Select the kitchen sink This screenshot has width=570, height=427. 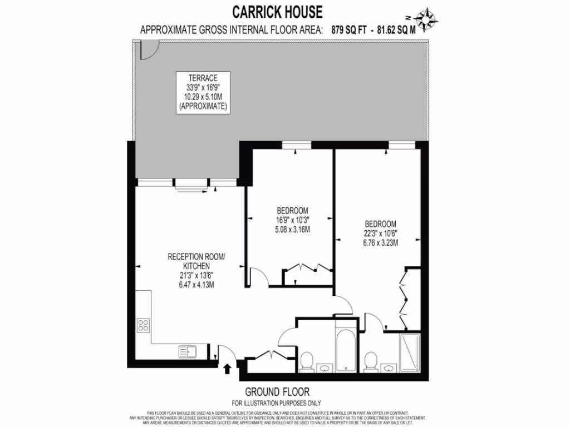point(186,351)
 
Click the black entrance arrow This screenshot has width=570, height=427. point(227,368)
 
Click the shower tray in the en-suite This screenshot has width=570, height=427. point(410,354)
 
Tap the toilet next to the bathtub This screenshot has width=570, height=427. point(306,362)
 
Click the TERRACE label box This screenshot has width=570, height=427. point(203,92)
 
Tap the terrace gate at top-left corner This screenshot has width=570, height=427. point(148,51)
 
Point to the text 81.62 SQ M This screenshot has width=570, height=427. point(397,31)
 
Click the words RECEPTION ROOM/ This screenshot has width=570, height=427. point(196,257)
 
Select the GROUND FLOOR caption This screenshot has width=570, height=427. point(277,391)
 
